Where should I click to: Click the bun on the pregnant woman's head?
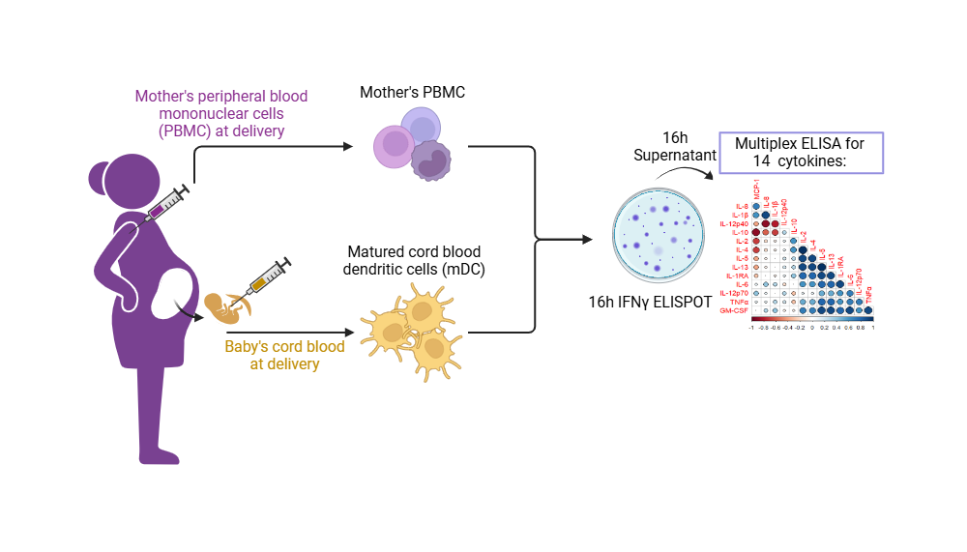101,178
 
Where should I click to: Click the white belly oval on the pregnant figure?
174,294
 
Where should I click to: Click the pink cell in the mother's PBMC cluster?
395,146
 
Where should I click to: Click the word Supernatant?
674,155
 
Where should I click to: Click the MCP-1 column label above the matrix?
757,189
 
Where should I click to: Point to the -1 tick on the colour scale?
751,328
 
